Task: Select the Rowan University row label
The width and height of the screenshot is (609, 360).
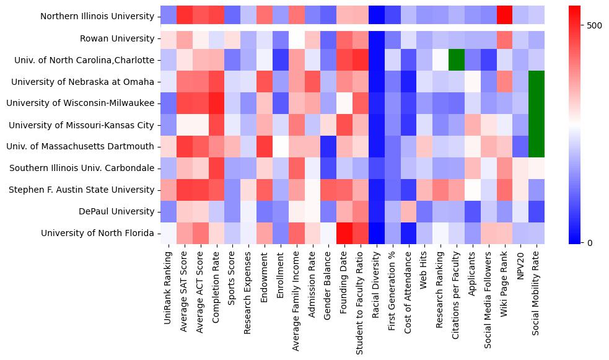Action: tap(117, 38)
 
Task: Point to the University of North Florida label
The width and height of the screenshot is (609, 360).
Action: tap(97, 233)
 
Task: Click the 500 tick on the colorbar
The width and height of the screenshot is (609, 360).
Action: tap(594, 26)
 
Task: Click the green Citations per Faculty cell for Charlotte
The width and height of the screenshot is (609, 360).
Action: tap(456, 60)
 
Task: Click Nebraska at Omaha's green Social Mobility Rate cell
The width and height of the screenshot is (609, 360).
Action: tap(537, 82)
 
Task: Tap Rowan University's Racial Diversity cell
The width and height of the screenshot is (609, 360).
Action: tap(376, 38)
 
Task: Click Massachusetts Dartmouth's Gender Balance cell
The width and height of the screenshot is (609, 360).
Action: tap(328, 146)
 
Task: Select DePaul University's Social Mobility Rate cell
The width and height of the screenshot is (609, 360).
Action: tap(537, 211)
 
